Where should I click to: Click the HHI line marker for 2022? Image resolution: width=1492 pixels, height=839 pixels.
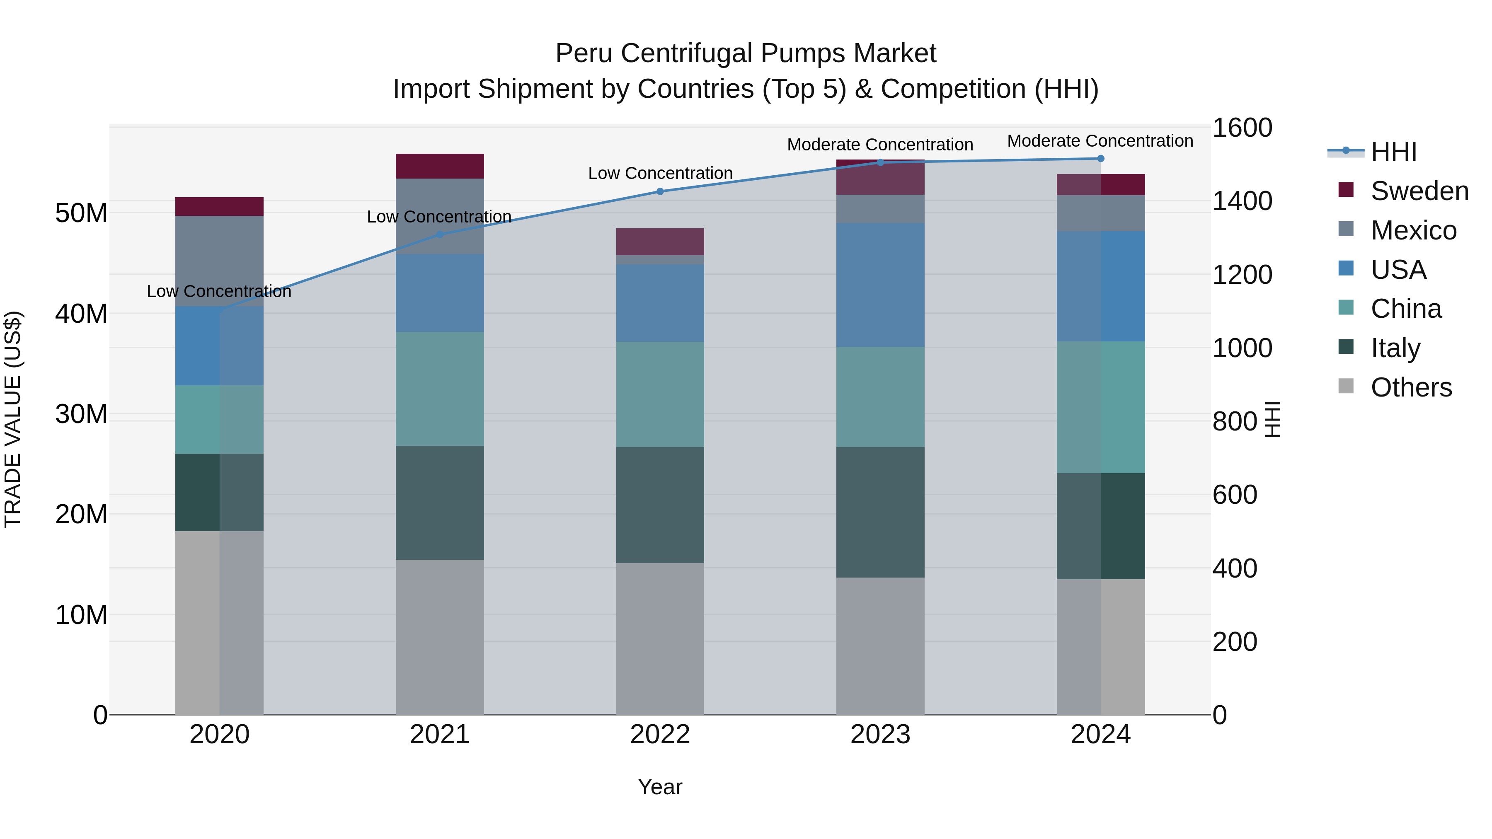point(660,191)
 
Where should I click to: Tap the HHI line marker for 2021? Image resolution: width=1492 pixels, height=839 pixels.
point(440,235)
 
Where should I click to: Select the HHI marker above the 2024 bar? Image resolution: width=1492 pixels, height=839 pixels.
point(1100,159)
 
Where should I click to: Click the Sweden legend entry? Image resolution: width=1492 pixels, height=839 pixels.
point(1419,191)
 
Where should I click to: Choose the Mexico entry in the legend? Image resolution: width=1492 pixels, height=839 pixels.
point(1413,230)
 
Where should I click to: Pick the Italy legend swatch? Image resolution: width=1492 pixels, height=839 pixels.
point(1346,348)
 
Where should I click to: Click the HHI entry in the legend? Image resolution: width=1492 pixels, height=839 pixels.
point(1393,152)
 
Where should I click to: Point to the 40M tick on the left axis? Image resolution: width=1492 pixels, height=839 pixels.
point(81,314)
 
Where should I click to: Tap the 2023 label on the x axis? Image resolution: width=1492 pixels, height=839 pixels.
point(880,735)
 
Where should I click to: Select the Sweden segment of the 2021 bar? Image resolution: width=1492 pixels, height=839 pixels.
point(440,166)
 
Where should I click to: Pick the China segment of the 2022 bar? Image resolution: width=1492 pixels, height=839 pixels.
point(660,394)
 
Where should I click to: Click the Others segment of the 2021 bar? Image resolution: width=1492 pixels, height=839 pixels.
point(440,637)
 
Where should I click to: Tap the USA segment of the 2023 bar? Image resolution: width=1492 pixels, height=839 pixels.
point(880,285)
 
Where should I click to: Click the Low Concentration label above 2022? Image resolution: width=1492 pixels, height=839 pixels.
point(660,173)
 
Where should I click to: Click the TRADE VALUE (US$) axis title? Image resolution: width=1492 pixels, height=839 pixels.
point(13,419)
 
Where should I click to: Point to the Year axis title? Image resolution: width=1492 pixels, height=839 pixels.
point(660,787)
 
